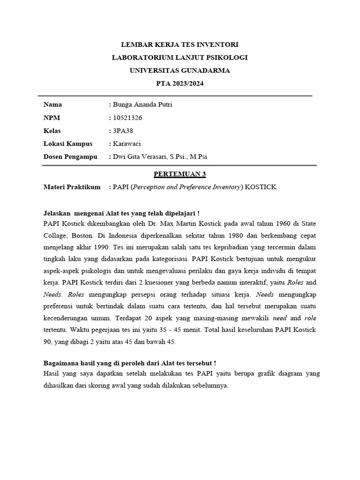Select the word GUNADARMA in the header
(204, 70)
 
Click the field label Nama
(52, 105)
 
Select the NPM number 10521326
(128, 118)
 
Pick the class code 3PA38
(123, 131)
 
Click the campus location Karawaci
(127, 144)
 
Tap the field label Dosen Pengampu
(70, 157)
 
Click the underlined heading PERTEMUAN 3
(180, 174)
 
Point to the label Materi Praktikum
(72, 187)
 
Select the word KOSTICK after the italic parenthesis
(261, 187)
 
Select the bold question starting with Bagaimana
(129, 363)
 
